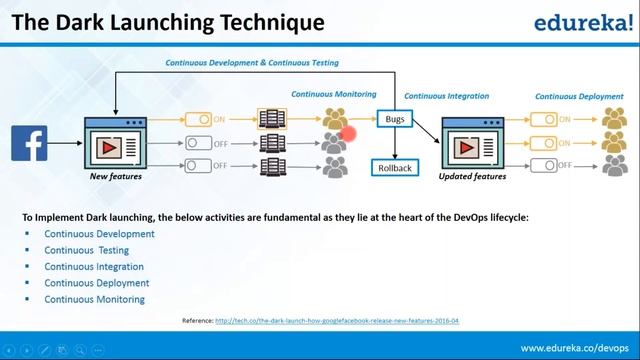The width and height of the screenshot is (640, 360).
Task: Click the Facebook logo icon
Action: point(29,143)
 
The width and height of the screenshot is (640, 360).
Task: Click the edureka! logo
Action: point(580,22)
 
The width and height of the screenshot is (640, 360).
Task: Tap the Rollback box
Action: point(395,168)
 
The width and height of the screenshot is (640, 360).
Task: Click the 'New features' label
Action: point(115,177)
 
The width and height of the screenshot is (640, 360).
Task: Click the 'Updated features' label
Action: point(472,177)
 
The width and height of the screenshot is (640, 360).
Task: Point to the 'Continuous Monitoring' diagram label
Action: point(334,94)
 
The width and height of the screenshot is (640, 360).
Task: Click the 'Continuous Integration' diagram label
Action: point(446,96)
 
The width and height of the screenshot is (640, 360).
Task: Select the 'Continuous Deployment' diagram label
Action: point(577,97)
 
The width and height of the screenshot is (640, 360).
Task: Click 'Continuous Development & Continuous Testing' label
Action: point(252,62)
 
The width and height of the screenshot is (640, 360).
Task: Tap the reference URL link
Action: point(337,321)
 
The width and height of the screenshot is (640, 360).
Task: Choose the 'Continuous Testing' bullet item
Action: point(86,250)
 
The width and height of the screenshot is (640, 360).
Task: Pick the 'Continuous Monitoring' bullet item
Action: point(94,299)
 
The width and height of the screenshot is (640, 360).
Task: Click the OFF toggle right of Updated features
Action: point(543,165)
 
